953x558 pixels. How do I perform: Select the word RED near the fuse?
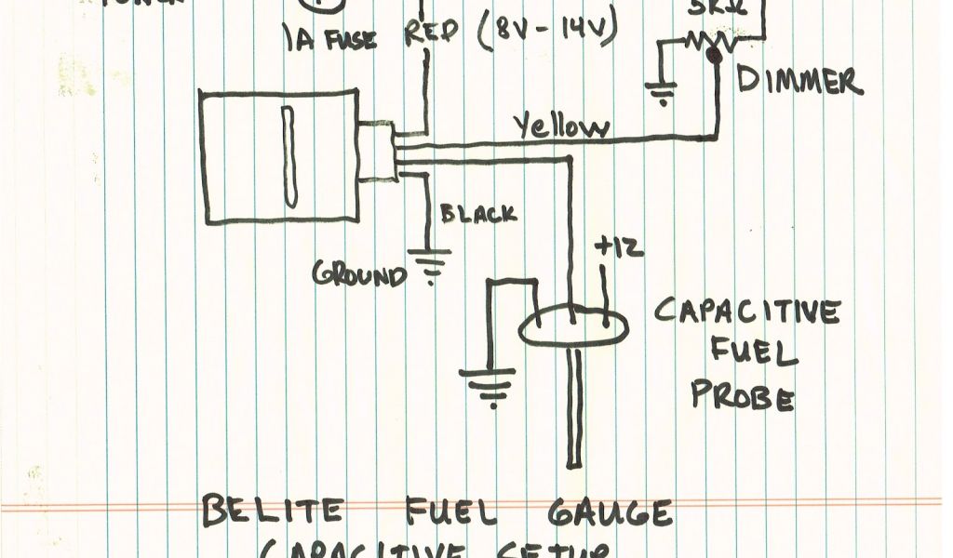[x=431, y=34]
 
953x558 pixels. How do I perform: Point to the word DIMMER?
[x=799, y=82]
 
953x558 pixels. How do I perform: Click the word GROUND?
[x=359, y=275]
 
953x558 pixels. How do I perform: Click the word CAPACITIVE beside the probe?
[x=747, y=312]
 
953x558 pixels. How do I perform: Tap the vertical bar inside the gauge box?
[x=289, y=155]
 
